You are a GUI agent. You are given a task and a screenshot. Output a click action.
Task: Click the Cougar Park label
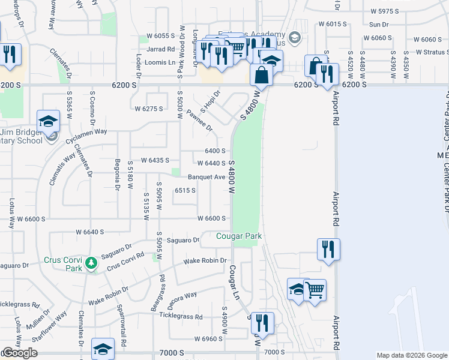click(239, 236)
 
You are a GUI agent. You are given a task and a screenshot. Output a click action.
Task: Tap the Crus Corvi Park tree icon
click(91, 263)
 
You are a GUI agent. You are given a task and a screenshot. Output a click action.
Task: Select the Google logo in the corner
click(20, 353)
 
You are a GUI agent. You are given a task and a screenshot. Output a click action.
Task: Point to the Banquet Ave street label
click(206, 177)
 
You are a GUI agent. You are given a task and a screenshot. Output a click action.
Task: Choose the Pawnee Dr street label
click(200, 120)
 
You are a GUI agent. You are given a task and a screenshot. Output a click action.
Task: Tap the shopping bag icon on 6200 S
click(262, 76)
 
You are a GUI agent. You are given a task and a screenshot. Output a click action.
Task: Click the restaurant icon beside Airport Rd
click(328, 249)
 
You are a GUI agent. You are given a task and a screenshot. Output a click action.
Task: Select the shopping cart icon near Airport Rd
click(315, 290)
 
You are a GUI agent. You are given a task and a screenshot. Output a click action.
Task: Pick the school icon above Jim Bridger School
click(48, 121)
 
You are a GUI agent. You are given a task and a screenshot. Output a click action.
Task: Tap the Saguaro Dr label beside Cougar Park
click(182, 241)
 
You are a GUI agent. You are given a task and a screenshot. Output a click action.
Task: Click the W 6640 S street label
click(89, 232)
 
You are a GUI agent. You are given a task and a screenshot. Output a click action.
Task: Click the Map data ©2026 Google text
click(411, 355)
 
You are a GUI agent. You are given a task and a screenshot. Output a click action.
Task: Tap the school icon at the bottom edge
click(103, 349)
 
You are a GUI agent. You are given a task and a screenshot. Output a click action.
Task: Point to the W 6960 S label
click(208, 339)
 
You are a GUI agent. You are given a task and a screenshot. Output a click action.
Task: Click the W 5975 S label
click(385, 11)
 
